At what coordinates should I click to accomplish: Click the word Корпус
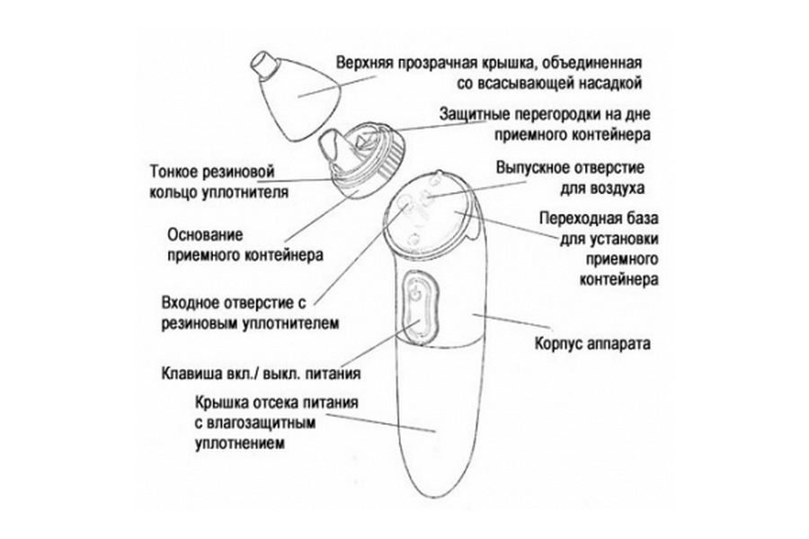click(x=557, y=343)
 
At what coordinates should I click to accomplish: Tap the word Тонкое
click(x=173, y=171)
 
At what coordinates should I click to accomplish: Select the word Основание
click(x=205, y=234)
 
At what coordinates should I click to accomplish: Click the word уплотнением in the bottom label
click(x=240, y=444)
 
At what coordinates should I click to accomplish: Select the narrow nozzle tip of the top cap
click(x=263, y=65)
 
